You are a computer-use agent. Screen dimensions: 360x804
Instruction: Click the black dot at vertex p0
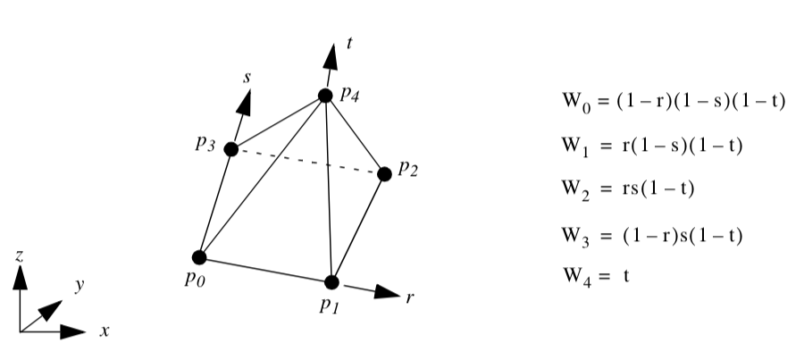199,257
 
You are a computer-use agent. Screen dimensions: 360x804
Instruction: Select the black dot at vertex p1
331,282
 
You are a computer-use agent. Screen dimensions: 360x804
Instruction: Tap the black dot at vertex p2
385,174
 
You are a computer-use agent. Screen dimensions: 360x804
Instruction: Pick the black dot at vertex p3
231,149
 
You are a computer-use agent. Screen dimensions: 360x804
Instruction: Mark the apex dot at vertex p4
323,96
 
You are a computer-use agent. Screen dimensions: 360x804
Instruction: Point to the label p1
328,306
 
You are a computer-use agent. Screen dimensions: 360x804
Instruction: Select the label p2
407,170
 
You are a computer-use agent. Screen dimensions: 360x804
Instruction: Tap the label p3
206,146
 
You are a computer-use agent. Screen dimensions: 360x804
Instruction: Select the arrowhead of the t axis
331,55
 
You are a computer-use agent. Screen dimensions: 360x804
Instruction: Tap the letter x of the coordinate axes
104,331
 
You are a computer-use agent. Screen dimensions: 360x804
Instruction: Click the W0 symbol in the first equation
572,104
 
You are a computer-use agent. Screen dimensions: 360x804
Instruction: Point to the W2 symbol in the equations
572,190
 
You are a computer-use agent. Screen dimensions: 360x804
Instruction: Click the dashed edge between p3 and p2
308,162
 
